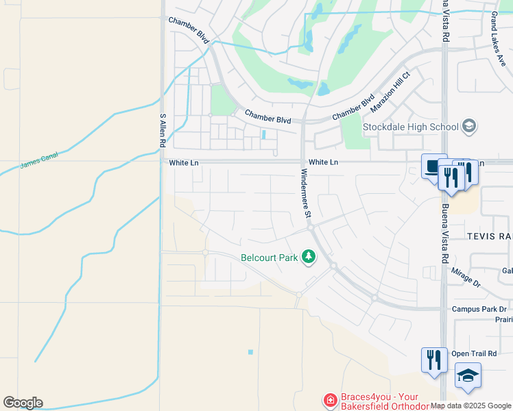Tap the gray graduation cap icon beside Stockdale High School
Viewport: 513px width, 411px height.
(469, 126)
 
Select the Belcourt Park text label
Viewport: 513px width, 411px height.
(269, 258)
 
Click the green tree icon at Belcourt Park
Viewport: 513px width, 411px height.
(309, 257)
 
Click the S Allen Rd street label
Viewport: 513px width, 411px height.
(163, 131)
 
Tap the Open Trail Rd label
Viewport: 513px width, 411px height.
(474, 353)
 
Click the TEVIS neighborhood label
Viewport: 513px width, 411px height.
(490, 236)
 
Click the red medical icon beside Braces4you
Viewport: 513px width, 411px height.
(330, 399)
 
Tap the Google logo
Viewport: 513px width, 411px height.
(23, 403)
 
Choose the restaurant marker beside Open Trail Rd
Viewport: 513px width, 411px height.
(433, 360)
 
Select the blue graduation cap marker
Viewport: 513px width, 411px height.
(468, 376)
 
